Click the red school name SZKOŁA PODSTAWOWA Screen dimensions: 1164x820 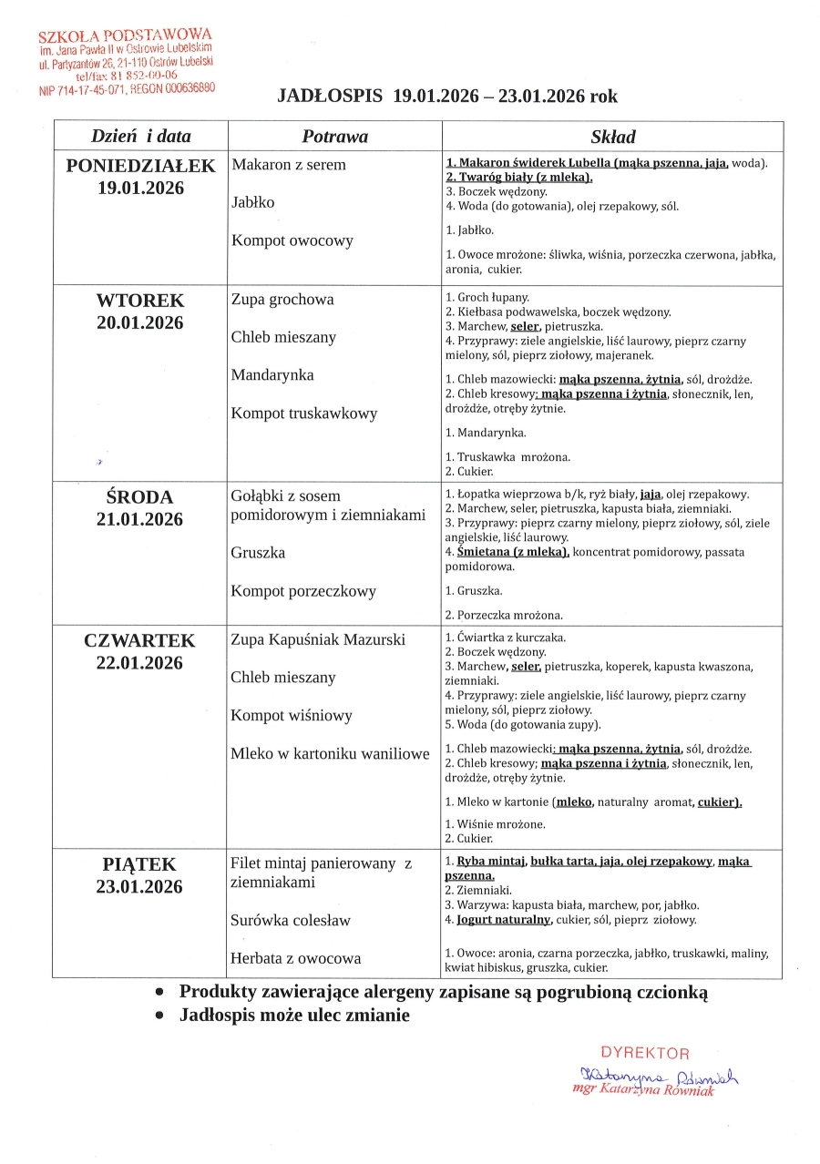click(x=125, y=38)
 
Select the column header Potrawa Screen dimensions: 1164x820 click(x=334, y=137)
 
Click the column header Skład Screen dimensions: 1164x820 click(x=612, y=137)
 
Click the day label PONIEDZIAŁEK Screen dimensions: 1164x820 click(x=140, y=166)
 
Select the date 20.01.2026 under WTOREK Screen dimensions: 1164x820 click(x=140, y=322)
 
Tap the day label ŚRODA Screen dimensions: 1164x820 click(x=140, y=497)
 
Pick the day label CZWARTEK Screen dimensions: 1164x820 click(x=140, y=640)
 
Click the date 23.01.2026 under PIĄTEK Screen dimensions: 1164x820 click(x=140, y=887)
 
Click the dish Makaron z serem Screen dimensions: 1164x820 click(x=289, y=165)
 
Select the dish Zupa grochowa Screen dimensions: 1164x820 click(x=282, y=300)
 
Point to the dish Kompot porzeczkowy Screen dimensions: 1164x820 click(x=303, y=591)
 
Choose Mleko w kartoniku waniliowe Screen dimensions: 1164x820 click(x=330, y=753)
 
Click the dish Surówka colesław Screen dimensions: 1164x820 click(x=291, y=920)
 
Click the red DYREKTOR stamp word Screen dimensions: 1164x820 click(x=645, y=1054)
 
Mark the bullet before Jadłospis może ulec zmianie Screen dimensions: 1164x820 click(x=160, y=1016)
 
